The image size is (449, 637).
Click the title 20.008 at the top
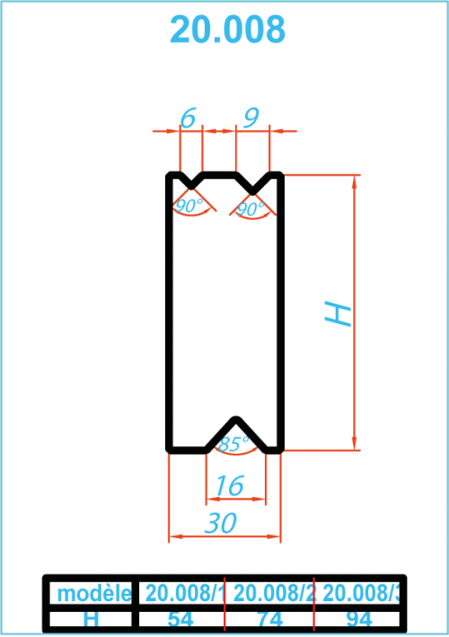tap(227, 30)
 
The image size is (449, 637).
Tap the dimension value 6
tap(188, 118)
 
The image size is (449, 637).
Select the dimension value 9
tap(251, 118)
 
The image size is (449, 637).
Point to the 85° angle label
tap(233, 444)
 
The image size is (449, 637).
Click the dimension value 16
tap(229, 485)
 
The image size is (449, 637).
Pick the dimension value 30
tap(220, 522)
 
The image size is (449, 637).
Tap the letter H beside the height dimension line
tap(338, 314)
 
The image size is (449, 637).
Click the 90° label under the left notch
tap(189, 206)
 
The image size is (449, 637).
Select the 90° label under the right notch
tap(251, 208)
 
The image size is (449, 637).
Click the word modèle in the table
tap(94, 594)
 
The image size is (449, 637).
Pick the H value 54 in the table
tap(180, 620)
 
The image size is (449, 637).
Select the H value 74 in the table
tap(270, 620)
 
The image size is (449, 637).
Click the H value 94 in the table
tap(359, 620)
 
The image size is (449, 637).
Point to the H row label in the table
tap(91, 620)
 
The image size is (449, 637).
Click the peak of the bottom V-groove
tap(236, 420)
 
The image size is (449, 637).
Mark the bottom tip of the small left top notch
tap(191, 187)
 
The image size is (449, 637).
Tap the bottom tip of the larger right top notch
tap(252, 191)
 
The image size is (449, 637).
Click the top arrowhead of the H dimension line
tap(355, 182)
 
